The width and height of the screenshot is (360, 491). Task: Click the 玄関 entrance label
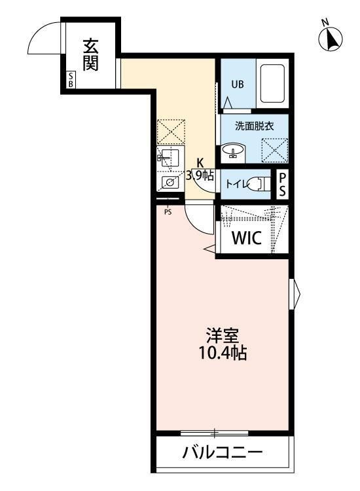click(x=90, y=55)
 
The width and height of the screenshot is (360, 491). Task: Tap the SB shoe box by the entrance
click(x=71, y=79)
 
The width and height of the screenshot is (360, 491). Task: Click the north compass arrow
click(x=330, y=39)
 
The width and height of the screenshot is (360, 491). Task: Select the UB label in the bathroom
click(x=238, y=84)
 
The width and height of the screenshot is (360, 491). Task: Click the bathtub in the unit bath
click(x=272, y=84)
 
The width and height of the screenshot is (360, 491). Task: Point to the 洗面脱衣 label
click(x=255, y=126)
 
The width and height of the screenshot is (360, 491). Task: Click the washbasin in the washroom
click(x=234, y=150)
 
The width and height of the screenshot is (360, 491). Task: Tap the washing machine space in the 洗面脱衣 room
click(x=274, y=150)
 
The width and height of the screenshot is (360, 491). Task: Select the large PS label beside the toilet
click(x=282, y=185)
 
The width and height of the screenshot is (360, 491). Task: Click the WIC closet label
click(x=247, y=238)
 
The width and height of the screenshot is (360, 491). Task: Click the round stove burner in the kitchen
click(x=170, y=182)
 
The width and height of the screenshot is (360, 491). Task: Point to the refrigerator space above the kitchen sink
click(x=171, y=132)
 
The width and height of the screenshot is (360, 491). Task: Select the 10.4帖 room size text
click(x=223, y=353)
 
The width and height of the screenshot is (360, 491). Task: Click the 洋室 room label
click(x=223, y=335)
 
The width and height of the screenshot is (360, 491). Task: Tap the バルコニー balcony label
click(x=223, y=452)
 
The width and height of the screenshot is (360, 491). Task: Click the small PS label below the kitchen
click(x=168, y=212)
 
